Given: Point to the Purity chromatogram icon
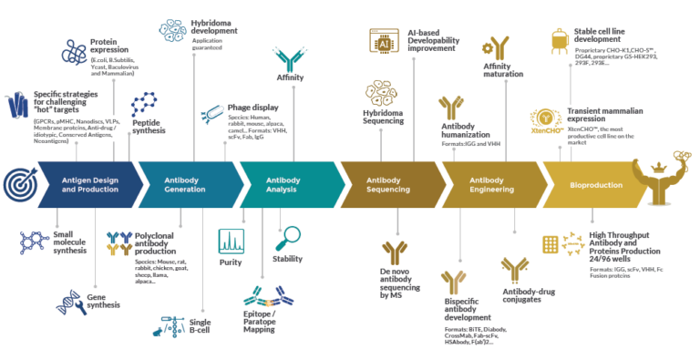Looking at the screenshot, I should tap(231, 242).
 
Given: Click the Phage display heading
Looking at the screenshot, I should tap(252, 107).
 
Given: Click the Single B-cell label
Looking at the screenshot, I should tap(200, 327).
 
